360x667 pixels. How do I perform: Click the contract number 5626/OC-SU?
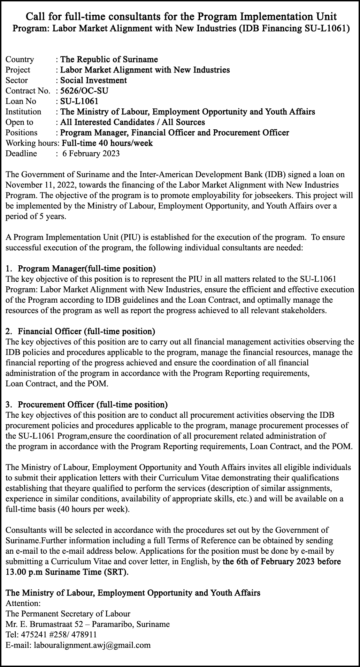84,91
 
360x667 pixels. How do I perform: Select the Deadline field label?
21,153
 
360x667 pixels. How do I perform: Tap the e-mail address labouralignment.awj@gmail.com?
92,645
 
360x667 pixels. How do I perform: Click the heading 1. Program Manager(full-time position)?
81,268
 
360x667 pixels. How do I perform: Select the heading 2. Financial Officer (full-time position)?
81,331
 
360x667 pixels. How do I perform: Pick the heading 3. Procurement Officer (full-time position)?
87,404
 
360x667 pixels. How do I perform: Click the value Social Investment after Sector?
93,80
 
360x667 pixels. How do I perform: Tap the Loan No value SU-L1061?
79,101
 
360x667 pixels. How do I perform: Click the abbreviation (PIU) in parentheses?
130,237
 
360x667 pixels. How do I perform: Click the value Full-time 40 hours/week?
107,143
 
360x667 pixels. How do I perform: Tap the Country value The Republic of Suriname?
109,59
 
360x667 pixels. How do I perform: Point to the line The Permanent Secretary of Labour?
68,613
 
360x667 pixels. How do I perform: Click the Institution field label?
23,112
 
